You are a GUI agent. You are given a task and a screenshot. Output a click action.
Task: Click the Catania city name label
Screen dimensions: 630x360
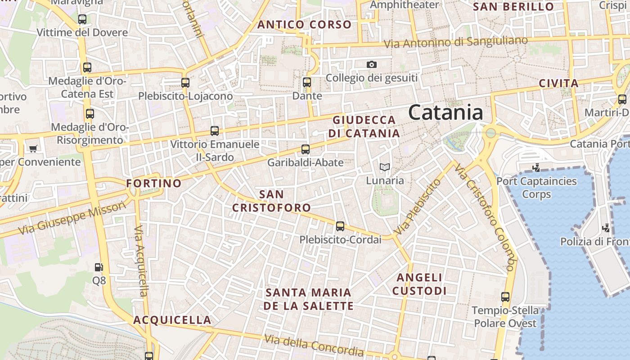[x=445, y=112]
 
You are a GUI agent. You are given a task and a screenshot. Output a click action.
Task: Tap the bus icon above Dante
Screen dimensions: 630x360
[x=307, y=82]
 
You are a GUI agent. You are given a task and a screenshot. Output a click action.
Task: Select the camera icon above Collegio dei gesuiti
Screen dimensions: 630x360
[x=371, y=64]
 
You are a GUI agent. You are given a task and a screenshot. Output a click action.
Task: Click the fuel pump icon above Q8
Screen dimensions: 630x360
[x=99, y=267]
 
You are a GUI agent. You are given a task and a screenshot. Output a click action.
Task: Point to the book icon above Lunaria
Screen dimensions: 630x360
[x=384, y=167]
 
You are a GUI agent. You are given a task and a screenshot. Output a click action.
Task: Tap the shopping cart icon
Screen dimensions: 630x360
[x=32, y=148]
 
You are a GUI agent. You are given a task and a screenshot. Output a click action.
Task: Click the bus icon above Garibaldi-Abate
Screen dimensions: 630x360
[x=306, y=149]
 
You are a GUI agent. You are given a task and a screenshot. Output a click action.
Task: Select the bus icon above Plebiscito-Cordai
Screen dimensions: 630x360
[x=340, y=226]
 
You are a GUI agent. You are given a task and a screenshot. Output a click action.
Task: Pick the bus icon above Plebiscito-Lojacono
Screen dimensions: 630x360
[x=185, y=83]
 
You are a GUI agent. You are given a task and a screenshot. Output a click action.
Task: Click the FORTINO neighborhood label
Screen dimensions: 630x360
[x=154, y=184]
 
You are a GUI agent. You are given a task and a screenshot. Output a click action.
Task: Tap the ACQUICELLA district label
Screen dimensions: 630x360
[x=172, y=320]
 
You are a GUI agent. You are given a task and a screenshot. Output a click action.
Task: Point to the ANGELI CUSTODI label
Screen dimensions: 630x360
[x=419, y=284]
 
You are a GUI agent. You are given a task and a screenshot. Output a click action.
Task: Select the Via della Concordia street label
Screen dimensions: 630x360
[x=314, y=345]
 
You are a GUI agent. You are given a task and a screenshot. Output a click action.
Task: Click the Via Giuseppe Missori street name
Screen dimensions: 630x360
[x=72, y=218]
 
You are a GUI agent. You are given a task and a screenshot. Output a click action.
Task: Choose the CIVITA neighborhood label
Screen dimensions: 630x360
[x=558, y=83]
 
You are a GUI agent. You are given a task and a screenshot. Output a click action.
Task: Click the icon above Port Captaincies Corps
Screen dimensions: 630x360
[x=536, y=168]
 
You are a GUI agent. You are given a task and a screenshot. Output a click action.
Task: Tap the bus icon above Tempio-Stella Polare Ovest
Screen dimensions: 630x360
[x=505, y=297]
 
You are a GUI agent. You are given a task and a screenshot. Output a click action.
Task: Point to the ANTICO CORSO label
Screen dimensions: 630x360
[x=304, y=24]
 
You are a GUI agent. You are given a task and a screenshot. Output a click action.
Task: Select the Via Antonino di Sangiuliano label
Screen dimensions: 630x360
[x=456, y=42]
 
